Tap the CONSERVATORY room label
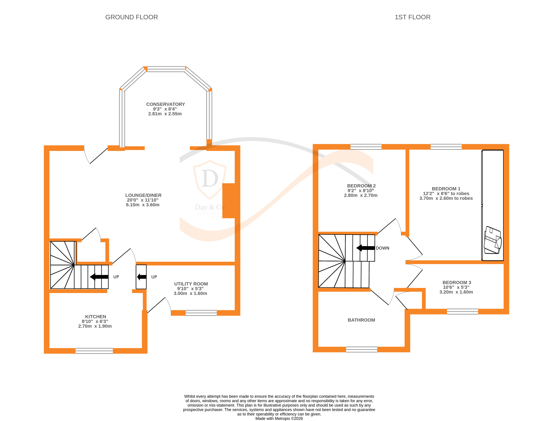(165, 104)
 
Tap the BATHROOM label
(361, 320)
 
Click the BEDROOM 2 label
(361, 186)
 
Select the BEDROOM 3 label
(457, 282)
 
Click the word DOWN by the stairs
(382, 248)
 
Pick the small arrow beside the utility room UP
(142, 277)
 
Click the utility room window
(201, 313)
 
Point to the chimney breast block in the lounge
(228, 201)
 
